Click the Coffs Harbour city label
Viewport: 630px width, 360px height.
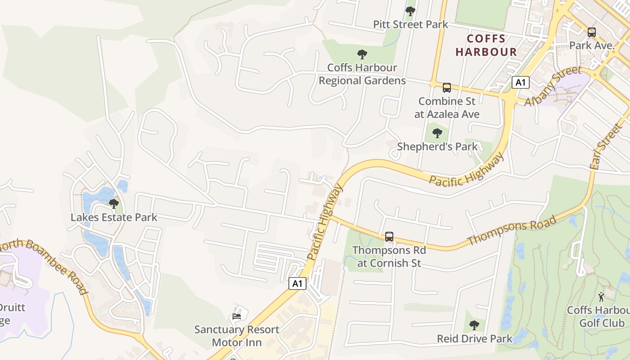[486, 45]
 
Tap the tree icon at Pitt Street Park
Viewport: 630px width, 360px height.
[410, 11]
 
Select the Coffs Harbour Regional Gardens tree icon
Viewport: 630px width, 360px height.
[362, 55]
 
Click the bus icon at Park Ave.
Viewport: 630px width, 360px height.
[592, 32]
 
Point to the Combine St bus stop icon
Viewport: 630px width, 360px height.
[446, 87]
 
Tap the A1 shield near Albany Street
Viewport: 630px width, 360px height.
[521, 82]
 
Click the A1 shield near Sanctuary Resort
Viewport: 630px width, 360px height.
[297, 283]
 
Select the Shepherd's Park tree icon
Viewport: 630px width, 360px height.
[437, 133]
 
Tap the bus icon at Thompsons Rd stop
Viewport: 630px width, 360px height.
[389, 237]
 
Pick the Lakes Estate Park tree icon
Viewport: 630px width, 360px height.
[114, 204]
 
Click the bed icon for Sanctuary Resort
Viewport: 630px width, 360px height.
[237, 316]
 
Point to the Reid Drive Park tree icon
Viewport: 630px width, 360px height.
[474, 325]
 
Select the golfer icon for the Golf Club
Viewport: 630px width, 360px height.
[602, 297]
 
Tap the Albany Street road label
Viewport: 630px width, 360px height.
[553, 86]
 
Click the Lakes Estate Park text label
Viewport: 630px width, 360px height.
[114, 218]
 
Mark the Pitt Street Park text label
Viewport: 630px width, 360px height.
[410, 24]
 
